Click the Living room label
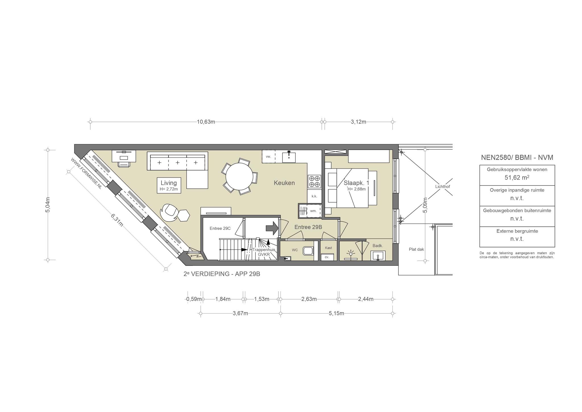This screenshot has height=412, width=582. coord(169,183)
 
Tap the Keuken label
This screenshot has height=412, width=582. coord(284,183)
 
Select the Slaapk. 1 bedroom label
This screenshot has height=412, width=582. coord(356,183)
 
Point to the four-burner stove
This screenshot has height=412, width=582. coord(314,182)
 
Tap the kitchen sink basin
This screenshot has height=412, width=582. coord(289,157)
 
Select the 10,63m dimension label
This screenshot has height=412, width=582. coord(206,122)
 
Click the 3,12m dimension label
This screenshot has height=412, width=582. coord(358,122)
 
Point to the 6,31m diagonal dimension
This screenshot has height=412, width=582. coord(117,220)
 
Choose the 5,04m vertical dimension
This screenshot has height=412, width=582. coord(48,205)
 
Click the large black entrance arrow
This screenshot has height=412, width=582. coord(272,228)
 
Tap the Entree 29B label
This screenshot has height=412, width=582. coord(308,227)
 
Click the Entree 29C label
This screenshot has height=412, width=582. coord(220,228)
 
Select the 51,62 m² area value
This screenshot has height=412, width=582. coord(517,178)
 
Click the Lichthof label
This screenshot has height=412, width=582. coord(442,187)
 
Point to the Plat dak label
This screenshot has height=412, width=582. coord(416,249)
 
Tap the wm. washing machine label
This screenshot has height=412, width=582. coord(313,211)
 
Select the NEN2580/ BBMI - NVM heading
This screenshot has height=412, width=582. coord(517,157)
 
